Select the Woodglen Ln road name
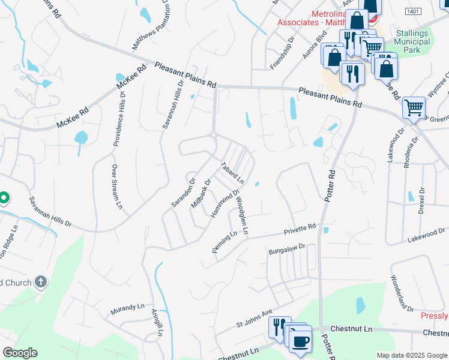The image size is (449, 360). pyautogui.click(x=241, y=215)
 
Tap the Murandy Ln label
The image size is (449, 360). pyautogui.click(x=127, y=309)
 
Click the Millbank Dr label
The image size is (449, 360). pyautogui.click(x=201, y=194)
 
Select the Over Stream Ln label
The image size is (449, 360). pyautogui.click(x=116, y=187)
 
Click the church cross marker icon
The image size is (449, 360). pyautogui.click(x=40, y=281)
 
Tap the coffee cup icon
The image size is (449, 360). pyautogui.click(x=300, y=342)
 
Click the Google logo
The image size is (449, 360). pyautogui.click(x=20, y=353)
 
